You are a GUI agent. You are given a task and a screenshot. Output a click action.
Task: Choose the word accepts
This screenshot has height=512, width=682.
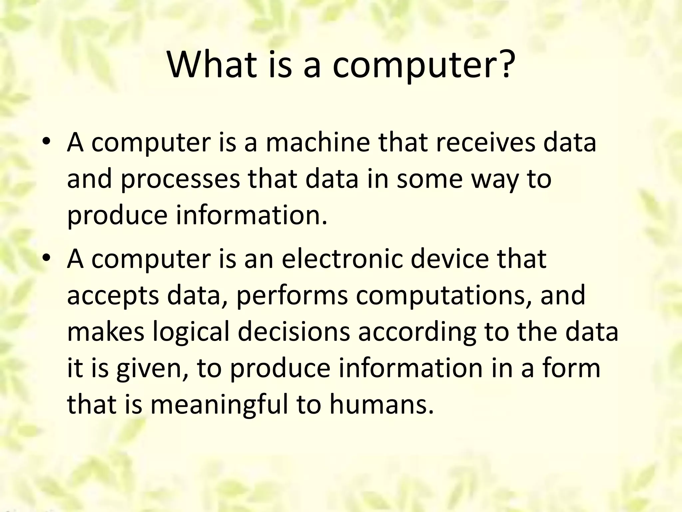[x=113, y=296]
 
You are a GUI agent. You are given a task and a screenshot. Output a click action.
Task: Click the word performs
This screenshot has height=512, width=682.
[x=292, y=295]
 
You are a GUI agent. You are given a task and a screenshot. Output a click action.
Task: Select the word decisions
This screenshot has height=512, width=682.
[x=294, y=332]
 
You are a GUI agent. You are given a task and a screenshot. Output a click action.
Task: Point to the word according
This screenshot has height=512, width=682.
[x=417, y=333]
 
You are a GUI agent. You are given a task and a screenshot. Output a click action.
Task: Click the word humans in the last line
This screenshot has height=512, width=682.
[x=382, y=405]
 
